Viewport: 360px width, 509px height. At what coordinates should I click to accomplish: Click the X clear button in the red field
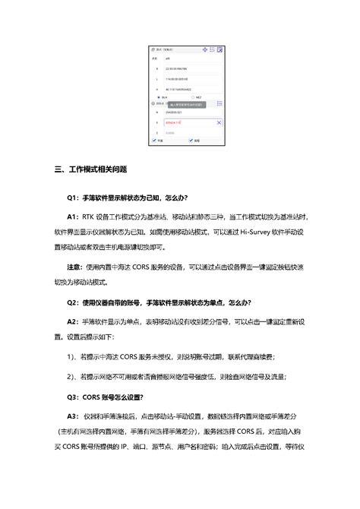[x=219, y=122]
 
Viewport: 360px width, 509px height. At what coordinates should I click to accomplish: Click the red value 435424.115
[x=169, y=122]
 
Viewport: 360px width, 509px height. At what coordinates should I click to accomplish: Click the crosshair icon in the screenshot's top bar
[x=205, y=49]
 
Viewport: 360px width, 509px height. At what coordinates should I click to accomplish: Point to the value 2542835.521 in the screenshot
[x=169, y=112]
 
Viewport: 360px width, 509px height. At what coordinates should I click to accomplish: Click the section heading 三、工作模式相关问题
[x=90, y=169]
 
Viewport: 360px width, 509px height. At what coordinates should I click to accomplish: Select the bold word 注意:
[x=74, y=267]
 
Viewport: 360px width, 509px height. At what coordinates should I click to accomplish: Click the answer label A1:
[x=73, y=218]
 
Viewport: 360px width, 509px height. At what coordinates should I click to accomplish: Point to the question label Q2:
[x=73, y=302]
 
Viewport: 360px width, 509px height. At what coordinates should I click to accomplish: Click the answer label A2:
[x=73, y=321]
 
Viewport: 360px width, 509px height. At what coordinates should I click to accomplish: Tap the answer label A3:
[x=74, y=416]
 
